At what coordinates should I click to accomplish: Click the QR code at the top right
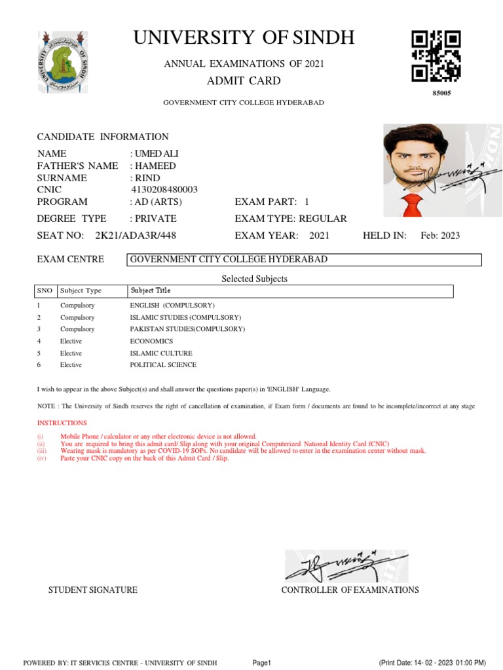436,56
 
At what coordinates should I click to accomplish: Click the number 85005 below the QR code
441,93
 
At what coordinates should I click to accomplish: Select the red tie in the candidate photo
411,205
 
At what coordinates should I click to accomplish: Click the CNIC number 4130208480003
164,190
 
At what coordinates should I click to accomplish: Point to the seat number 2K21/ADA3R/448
136,236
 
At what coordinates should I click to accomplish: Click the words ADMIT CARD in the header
244,81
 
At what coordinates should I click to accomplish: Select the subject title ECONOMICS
151,341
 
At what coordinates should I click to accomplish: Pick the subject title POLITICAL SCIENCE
163,365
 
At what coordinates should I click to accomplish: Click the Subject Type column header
81,291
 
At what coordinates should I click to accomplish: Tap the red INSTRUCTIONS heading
62,423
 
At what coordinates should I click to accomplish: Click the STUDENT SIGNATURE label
93,590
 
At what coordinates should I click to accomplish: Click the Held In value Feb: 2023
440,236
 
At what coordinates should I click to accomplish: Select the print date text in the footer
432,663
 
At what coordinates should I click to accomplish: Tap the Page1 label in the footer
261,663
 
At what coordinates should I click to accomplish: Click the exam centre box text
229,260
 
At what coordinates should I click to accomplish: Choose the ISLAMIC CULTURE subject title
161,353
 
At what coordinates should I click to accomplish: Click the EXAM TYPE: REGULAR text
291,219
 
